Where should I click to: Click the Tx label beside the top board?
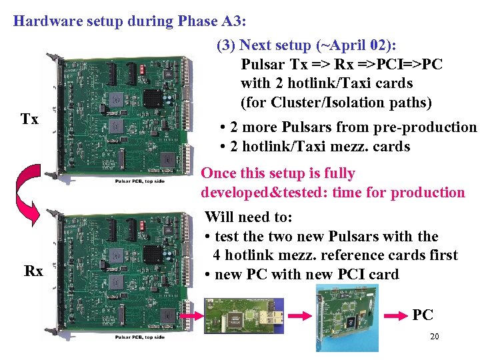click(x=29, y=120)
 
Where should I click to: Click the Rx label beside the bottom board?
click(x=33, y=271)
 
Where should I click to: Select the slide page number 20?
click(x=434, y=337)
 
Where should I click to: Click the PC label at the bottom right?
click(x=423, y=315)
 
